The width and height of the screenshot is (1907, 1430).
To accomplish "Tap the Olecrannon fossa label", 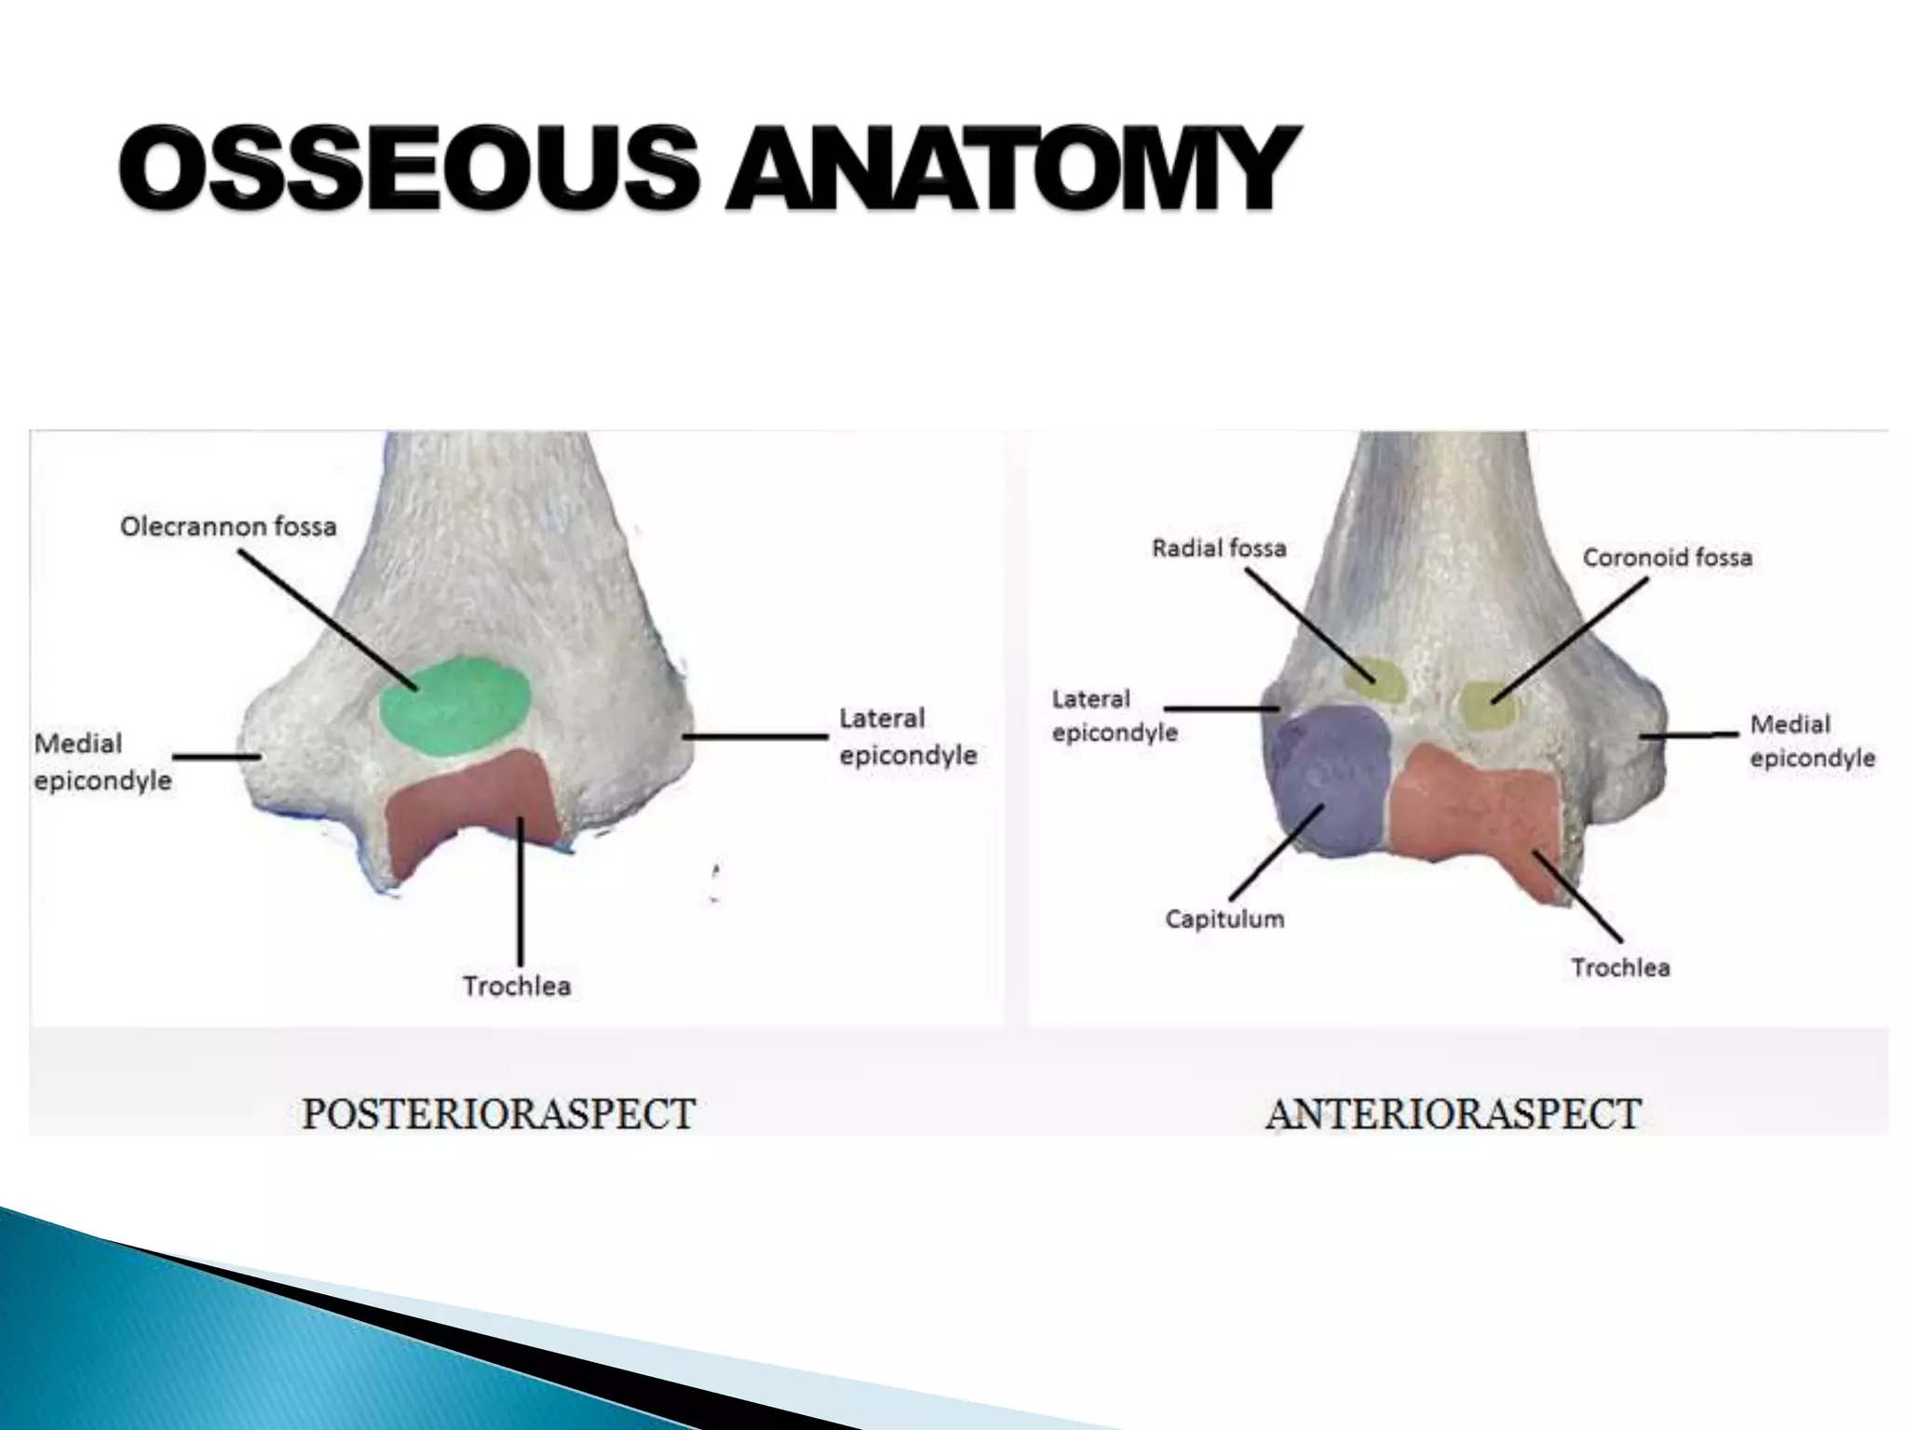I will pyautogui.click(x=228, y=527).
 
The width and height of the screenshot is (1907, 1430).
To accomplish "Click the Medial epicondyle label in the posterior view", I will pyautogui.click(x=101, y=762).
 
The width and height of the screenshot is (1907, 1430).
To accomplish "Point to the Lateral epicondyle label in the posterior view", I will pyautogui.click(x=908, y=736).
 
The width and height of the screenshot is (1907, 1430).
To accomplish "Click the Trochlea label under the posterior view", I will pyautogui.click(x=517, y=986).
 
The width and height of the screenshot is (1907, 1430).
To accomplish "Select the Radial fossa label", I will pyautogui.click(x=1219, y=548).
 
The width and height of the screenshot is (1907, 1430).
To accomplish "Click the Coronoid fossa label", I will pyautogui.click(x=1667, y=558).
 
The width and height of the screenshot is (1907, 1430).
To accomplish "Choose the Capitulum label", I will pyautogui.click(x=1224, y=919).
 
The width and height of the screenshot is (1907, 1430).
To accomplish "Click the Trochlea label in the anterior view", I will pyautogui.click(x=1620, y=968).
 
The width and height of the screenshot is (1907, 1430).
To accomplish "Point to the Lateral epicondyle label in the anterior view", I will pyautogui.click(x=1114, y=716).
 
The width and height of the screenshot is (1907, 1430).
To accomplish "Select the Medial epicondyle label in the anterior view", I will pyautogui.click(x=1812, y=741).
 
